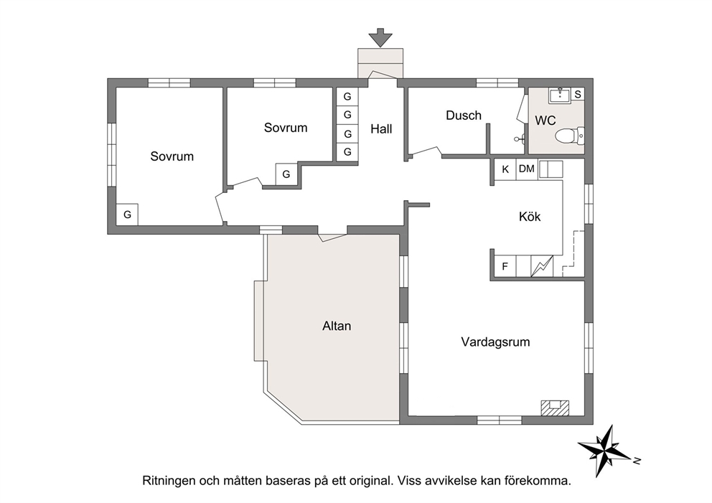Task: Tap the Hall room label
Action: click(x=381, y=129)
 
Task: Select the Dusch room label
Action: click(x=463, y=116)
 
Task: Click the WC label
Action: click(x=545, y=121)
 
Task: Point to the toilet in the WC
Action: click(x=569, y=136)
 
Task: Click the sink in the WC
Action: click(x=561, y=95)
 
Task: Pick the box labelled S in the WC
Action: click(x=578, y=95)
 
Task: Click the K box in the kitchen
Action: click(x=505, y=169)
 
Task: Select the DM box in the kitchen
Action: click(x=527, y=169)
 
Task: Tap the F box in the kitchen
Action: click(x=505, y=266)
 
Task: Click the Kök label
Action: click(x=530, y=217)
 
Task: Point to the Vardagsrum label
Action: click(x=495, y=342)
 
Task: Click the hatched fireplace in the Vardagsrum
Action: click(x=555, y=408)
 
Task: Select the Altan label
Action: click(x=337, y=326)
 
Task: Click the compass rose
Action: click(x=606, y=451)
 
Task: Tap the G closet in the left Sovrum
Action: click(x=127, y=215)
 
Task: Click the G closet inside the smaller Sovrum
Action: click(x=286, y=174)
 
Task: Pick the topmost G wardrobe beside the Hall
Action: click(x=347, y=96)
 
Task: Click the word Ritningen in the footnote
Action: click(x=169, y=481)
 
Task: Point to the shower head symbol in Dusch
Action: click(x=519, y=139)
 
